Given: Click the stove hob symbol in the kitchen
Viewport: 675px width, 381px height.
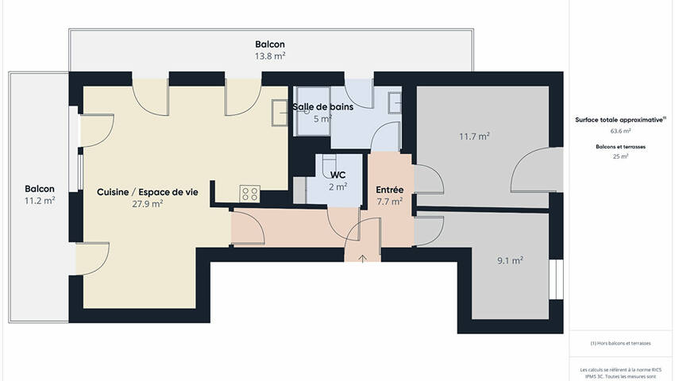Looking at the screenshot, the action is click(249, 193).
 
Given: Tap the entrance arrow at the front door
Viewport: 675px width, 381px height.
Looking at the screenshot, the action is click(363, 258).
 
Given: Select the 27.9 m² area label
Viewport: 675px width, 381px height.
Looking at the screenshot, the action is click(147, 204).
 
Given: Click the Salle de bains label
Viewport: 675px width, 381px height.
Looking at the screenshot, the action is click(323, 106).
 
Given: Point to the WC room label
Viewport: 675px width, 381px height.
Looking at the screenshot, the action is click(338, 175).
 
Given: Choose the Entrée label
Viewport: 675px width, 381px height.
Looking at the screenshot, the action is click(390, 190).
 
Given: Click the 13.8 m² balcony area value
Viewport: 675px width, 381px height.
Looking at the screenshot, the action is click(270, 56).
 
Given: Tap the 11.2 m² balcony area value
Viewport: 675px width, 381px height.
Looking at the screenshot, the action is click(40, 200).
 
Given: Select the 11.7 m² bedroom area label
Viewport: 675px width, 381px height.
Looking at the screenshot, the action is click(474, 137).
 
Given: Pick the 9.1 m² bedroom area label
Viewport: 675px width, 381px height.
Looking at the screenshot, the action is click(510, 260).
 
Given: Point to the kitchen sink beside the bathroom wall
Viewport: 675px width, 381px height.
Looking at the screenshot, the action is click(280, 113).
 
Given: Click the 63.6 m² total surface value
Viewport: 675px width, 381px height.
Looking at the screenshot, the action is click(620, 131).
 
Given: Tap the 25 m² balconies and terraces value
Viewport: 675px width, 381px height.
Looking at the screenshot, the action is click(620, 156).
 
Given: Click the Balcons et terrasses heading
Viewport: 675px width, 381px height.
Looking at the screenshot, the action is click(620, 147).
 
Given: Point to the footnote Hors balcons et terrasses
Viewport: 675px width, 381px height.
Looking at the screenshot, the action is click(620, 343).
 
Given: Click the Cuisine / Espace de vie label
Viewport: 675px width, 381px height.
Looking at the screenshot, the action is click(148, 192).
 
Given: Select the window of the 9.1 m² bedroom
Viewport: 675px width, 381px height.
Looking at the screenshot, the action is click(556, 279).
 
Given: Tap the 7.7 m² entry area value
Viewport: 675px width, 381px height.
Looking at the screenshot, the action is click(390, 201).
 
